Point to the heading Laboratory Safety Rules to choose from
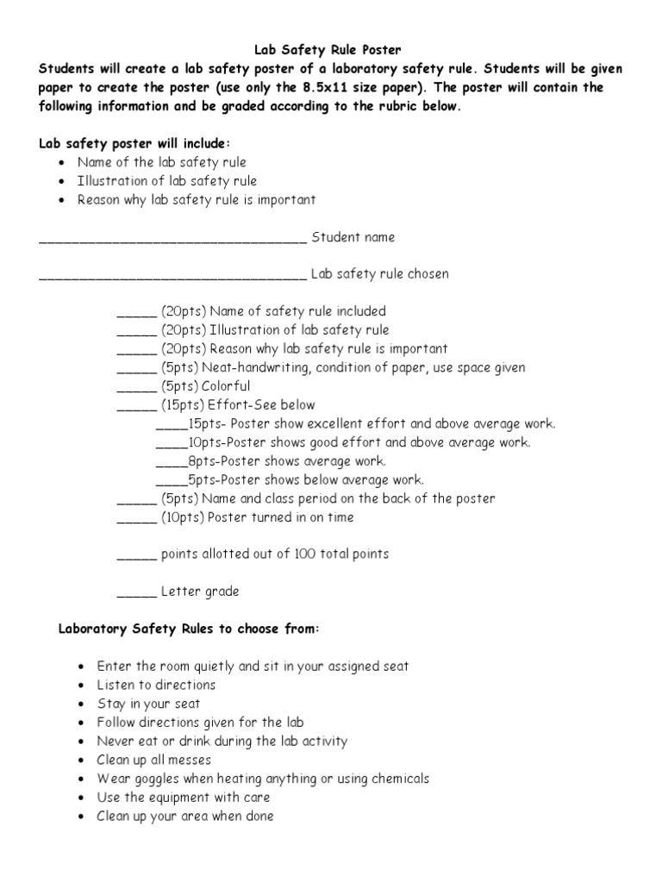(188, 629)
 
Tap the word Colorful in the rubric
(226, 386)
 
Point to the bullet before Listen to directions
(81, 686)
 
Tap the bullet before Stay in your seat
(81, 705)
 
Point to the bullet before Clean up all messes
(81, 761)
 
